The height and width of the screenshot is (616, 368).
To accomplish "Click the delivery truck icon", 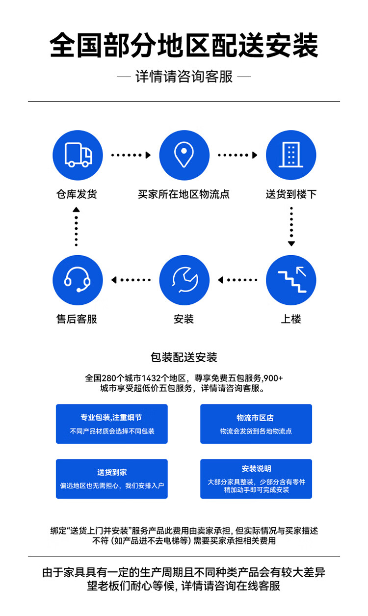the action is (x=78, y=156).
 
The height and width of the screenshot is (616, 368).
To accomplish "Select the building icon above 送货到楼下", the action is (x=291, y=156).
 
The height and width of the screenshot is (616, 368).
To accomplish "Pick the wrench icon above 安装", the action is (x=184, y=280).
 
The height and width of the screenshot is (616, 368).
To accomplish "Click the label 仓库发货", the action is (x=77, y=194).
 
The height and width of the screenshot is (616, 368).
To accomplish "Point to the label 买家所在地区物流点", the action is (x=184, y=194).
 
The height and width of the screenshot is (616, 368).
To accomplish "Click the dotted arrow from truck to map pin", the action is (x=131, y=155).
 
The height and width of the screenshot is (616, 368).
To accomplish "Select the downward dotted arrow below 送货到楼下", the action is (x=291, y=227).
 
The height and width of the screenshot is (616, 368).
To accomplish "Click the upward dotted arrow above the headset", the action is (x=76, y=227).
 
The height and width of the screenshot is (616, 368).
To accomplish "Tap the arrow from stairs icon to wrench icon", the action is (x=238, y=280).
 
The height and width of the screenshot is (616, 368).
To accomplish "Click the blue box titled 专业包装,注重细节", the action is (x=111, y=424).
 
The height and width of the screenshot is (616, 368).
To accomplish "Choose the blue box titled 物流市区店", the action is (x=256, y=424).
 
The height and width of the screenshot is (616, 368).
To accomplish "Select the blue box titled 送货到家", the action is (x=111, y=479).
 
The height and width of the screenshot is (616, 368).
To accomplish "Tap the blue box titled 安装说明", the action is (x=256, y=479).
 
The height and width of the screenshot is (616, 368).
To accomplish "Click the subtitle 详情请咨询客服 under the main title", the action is (x=184, y=77).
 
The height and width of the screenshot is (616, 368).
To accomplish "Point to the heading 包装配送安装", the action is (x=184, y=357).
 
